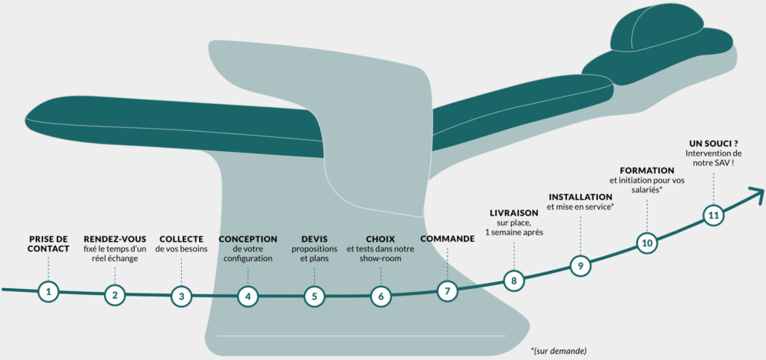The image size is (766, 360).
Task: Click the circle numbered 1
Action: (49, 292)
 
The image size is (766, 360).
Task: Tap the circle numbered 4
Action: (248, 296)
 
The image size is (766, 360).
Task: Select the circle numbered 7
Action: (447, 291)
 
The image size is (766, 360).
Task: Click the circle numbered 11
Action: (713, 216)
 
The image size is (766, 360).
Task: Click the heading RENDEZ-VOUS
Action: (114, 240)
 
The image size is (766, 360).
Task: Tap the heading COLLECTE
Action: (181, 240)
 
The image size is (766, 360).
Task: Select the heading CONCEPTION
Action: (248, 240)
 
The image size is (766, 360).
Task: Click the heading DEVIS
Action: (314, 240)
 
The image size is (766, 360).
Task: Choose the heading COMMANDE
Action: (447, 240)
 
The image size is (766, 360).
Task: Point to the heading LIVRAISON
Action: (514, 213)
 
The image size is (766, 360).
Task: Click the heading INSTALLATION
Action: (580, 197)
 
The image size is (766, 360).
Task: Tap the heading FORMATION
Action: (647, 171)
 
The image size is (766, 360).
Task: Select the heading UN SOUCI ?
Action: (713, 144)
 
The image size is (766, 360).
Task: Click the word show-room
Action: (381, 258)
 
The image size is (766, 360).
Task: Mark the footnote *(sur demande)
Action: (558, 350)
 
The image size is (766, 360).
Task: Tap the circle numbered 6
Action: (381, 296)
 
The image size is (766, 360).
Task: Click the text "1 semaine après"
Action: (514, 232)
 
